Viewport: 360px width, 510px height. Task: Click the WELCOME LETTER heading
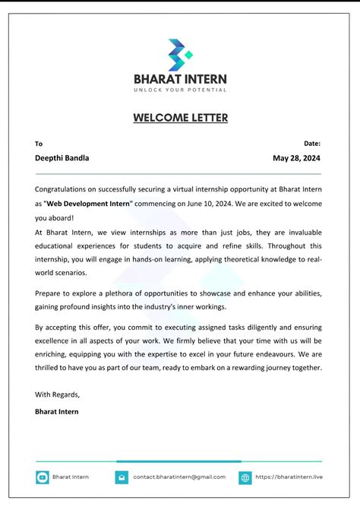point(180,118)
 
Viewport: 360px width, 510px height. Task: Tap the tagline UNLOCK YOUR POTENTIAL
point(180,90)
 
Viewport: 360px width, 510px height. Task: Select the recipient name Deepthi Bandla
point(62,158)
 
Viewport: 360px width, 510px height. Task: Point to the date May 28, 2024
point(297,158)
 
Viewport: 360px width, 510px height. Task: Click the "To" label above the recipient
point(39,143)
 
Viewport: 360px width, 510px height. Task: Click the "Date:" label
point(312,143)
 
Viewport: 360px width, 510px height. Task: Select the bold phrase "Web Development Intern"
point(89,203)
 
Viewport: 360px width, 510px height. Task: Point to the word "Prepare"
point(49,293)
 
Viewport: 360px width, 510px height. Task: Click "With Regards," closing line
point(57,394)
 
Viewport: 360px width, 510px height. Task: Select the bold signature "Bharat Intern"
point(56,411)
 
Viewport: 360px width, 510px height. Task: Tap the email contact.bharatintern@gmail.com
point(179,477)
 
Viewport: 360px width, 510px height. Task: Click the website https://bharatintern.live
point(289,477)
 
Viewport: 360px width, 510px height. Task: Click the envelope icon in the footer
point(122,477)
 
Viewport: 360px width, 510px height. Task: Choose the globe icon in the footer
point(245,477)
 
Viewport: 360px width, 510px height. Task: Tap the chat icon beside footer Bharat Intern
point(42,477)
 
